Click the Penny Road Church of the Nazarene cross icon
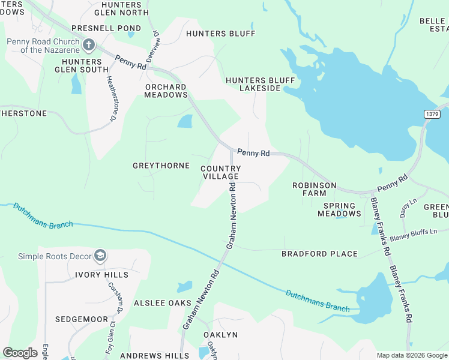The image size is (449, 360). coord(88,44)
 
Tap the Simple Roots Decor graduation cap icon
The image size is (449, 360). coord(100,256)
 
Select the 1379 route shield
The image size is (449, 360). coord(431,114)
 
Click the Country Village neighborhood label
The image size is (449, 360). coord(220,173)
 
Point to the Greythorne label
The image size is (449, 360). coord(161,166)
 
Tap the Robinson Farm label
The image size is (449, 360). coord(314,190)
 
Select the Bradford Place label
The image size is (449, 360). coord(320,254)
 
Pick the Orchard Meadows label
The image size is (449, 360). coord(166,91)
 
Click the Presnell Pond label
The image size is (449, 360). coord(106,28)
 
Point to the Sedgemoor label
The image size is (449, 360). coord(82,319)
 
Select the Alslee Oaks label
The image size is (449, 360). coord(162,303)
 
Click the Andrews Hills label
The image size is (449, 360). coord(151,356)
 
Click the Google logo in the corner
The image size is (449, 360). coord(20,353)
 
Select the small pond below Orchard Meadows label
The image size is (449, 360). coord(185,121)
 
